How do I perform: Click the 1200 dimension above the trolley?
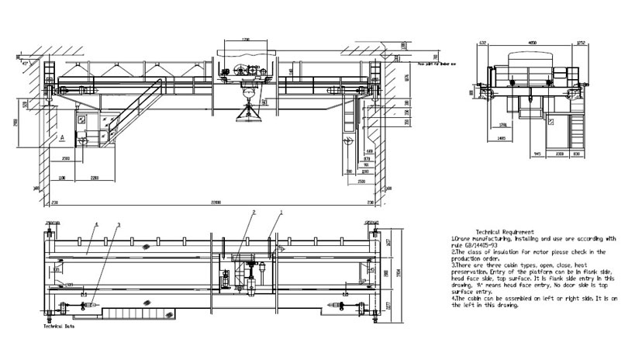[x=246, y=39]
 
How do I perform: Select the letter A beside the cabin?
[x=61, y=137]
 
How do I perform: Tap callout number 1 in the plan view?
[x=281, y=212]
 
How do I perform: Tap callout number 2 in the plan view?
[x=253, y=212]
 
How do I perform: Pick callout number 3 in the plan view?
[x=118, y=224]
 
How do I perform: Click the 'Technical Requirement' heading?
[x=505, y=232]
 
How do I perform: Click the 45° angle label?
[x=26, y=62]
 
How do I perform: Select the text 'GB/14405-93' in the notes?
[x=481, y=245]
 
